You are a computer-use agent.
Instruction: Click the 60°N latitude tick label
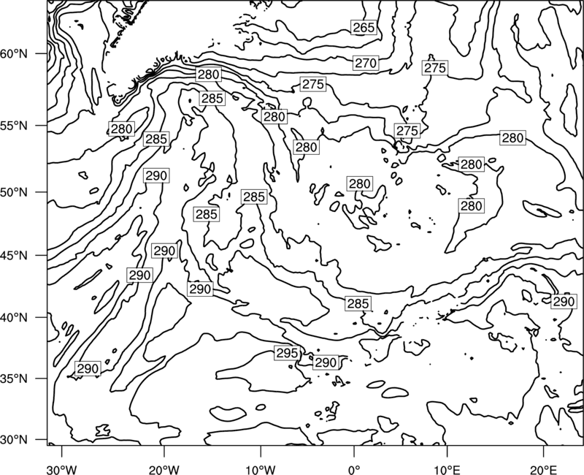14,54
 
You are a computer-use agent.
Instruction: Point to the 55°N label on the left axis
14,126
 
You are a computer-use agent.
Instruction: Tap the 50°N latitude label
14,192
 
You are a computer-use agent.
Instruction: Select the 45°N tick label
14,255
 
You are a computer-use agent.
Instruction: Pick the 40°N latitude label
14,318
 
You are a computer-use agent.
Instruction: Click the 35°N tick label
14,379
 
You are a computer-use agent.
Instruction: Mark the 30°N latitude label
14,440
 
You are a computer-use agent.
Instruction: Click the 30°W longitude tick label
62,469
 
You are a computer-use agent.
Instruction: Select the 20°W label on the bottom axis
164,469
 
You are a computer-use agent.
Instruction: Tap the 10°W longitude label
261,469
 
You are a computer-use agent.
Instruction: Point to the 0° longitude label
354,469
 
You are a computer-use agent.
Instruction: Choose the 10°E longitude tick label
447,469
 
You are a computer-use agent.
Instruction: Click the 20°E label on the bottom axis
543,469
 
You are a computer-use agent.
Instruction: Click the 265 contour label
364,28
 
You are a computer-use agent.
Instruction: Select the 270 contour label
366,64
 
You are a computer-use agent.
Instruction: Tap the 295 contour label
287,353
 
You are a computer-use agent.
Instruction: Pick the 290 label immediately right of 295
326,362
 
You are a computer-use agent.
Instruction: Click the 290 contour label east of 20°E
564,301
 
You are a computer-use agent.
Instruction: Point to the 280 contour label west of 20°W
121,129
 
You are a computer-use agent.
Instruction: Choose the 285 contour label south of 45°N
358,304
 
